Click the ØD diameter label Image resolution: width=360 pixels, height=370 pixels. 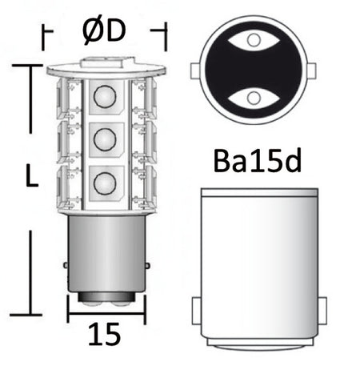pos(104,33)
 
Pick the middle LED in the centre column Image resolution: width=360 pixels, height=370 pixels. pos(104,140)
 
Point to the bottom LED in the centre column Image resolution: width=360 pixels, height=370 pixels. pos(104,182)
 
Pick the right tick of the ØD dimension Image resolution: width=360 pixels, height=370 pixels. pos(166,33)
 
